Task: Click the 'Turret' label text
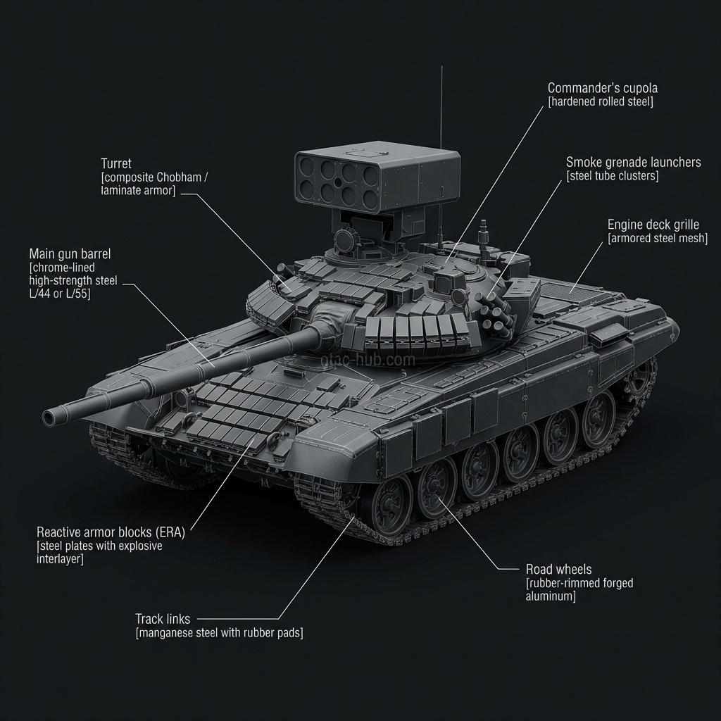tap(116, 163)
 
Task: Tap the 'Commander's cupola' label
tap(603, 88)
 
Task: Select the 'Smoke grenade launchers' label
tap(633, 163)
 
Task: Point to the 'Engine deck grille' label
tap(653, 225)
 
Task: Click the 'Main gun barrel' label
tap(70, 253)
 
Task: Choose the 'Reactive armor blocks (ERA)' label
tap(111, 532)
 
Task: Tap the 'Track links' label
tap(163, 619)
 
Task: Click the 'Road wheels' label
tap(558, 569)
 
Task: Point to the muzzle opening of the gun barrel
tap(50, 418)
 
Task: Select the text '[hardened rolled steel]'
tap(601, 102)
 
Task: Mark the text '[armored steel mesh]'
tap(657, 239)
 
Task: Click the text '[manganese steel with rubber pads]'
tap(219, 633)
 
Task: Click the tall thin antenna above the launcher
tap(441, 106)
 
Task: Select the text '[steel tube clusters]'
tap(612, 177)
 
